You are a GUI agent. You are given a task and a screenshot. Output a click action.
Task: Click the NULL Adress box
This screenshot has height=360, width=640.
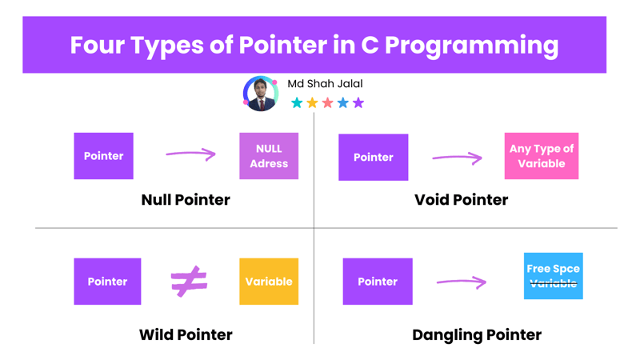click(x=269, y=156)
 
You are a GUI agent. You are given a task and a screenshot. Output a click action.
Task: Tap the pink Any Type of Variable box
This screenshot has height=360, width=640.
click(x=542, y=156)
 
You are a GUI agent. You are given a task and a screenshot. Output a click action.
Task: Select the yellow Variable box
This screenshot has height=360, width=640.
click(x=269, y=282)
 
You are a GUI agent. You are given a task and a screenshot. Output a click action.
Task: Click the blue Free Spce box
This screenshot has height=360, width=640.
click(x=553, y=276)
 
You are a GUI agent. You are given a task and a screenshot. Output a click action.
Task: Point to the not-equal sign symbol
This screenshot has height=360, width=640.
click(x=189, y=282)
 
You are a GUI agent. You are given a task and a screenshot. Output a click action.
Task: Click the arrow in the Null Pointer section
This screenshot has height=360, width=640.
click(x=190, y=154)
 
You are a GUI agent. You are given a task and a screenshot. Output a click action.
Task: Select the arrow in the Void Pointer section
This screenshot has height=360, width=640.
click(x=457, y=158)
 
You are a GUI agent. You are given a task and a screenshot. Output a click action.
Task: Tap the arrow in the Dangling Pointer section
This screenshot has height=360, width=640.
click(x=462, y=282)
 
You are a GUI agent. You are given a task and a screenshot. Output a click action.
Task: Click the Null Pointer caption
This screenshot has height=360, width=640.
click(x=186, y=199)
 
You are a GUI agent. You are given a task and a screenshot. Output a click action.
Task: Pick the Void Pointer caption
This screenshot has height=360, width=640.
click(x=462, y=199)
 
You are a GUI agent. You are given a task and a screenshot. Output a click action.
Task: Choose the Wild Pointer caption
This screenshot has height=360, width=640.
click(x=186, y=334)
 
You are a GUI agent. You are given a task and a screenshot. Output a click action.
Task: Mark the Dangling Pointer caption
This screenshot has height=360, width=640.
click(x=477, y=335)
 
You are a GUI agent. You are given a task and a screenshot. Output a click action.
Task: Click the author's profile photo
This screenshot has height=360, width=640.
click(x=261, y=94)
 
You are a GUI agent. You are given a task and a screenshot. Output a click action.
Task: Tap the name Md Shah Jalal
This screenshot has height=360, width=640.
click(x=325, y=84)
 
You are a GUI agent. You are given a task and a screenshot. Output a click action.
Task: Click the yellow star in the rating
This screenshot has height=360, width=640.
click(x=312, y=102)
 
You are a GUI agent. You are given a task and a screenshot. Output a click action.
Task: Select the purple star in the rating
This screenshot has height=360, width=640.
click(x=358, y=102)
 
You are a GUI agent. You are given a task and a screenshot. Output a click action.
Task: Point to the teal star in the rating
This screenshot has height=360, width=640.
click(x=297, y=102)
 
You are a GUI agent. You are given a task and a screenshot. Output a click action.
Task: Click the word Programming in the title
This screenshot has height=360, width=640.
click(x=471, y=46)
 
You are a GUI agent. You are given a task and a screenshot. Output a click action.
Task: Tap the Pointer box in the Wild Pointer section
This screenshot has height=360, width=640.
click(x=107, y=282)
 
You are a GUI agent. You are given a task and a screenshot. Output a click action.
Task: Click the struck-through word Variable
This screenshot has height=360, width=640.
click(x=553, y=283)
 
